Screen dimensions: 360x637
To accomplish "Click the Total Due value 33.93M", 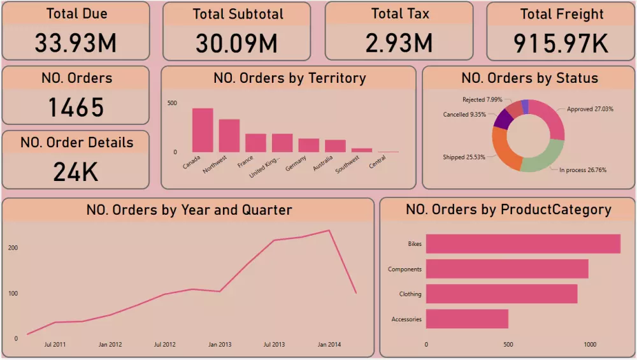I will tap(76, 43).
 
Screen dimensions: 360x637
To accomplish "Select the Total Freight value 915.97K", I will tap(561, 43).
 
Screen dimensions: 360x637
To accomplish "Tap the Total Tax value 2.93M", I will tap(399, 43).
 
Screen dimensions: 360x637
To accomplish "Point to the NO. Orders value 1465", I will tap(76, 107).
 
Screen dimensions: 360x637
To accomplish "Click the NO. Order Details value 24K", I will tap(76, 171).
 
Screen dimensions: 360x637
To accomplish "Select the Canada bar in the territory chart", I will tap(203, 131).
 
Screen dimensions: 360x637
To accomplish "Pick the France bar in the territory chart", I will tap(255, 143).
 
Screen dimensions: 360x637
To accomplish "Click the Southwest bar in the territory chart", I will tap(361, 150).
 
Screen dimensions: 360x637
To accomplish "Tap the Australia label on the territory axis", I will tap(323, 163).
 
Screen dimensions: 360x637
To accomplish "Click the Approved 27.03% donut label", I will tap(590, 109).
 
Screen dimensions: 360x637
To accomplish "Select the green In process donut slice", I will tap(544, 156).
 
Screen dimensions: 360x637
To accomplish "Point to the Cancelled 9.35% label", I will tap(464, 115).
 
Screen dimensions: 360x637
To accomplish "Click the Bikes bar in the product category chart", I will tap(523, 244).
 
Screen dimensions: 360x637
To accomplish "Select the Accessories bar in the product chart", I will tap(467, 319).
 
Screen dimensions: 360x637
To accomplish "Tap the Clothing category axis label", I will tap(410, 294).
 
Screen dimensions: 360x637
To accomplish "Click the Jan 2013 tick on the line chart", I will tap(220, 345).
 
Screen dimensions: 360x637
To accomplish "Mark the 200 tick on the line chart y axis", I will tap(13, 248).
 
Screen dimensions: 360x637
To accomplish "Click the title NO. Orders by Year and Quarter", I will tap(189, 210).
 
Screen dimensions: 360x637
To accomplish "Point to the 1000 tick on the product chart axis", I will tap(590, 345).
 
